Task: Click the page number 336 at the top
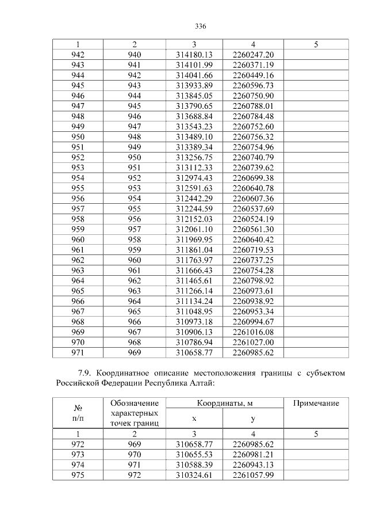[x=201, y=27]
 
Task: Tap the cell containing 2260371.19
[x=253, y=64]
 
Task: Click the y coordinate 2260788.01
[x=253, y=106]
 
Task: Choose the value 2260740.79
[x=253, y=158]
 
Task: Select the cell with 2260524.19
[x=253, y=219]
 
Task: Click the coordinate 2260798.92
[x=253, y=281]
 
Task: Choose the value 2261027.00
[x=253, y=343]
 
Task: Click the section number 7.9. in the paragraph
[x=86, y=372]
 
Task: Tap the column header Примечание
[x=316, y=404]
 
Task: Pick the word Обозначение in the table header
[x=135, y=403]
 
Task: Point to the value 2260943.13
[x=253, y=465]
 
